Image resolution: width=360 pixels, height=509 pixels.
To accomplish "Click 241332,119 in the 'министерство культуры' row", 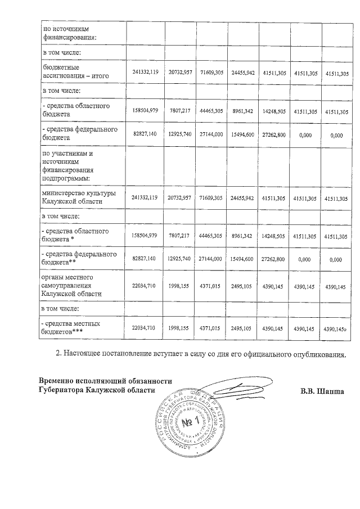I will tap(145, 198).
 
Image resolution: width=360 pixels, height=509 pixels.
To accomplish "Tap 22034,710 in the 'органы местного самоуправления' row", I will tap(145, 287).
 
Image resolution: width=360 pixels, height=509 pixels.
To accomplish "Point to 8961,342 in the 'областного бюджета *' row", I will tap(243, 235).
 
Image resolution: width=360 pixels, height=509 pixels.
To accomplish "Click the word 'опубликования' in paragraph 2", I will tap(318, 354).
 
